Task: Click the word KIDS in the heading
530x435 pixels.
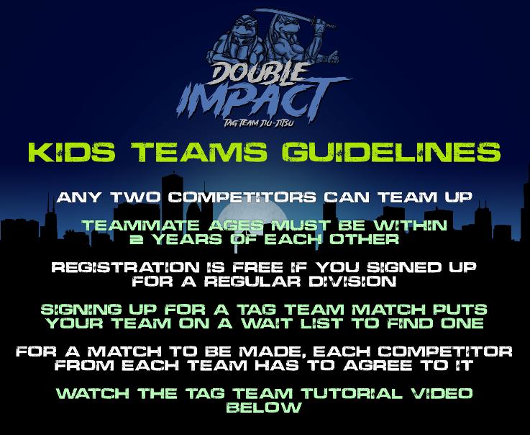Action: point(72,152)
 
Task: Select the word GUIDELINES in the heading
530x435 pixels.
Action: point(391,152)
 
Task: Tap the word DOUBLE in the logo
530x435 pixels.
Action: point(257,73)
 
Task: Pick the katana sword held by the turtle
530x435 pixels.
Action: point(295,17)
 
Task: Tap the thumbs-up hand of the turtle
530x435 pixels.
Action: point(333,57)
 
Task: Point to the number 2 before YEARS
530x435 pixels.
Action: point(137,239)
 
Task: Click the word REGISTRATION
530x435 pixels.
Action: point(125,267)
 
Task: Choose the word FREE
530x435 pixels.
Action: point(257,267)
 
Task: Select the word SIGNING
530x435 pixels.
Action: point(81,310)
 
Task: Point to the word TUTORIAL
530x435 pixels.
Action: point(352,393)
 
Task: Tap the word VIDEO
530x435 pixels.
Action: point(442,393)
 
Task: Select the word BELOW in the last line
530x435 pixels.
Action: point(264,407)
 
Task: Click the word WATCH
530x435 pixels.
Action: point(92,393)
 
